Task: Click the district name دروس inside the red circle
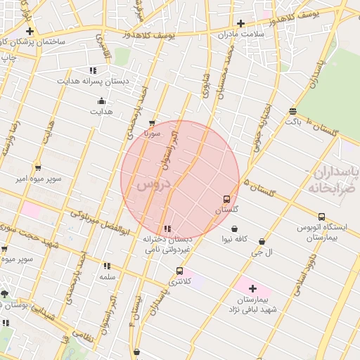click(154, 185)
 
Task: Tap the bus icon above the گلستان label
click(226, 199)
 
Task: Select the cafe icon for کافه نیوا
click(234, 229)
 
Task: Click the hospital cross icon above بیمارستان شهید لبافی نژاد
click(252, 288)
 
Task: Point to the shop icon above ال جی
click(262, 240)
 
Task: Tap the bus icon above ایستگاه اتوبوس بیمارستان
click(321, 217)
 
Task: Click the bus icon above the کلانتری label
click(179, 271)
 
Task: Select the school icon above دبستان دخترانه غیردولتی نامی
click(167, 229)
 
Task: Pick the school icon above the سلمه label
click(107, 266)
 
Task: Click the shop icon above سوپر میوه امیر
click(38, 167)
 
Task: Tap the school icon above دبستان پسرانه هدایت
click(93, 70)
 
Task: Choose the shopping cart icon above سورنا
click(153, 122)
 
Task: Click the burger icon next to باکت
click(292, 110)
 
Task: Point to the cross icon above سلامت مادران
click(240, 23)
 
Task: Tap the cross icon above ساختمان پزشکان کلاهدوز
click(30, 31)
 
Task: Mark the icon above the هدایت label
click(102, 101)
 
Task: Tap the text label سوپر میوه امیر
click(40, 179)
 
